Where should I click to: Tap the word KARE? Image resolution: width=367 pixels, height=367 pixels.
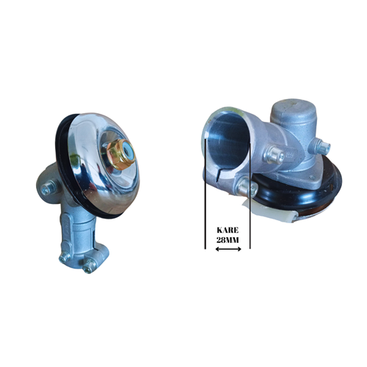click(x=227, y=229)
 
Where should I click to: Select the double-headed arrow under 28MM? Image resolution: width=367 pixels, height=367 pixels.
click(x=227, y=251)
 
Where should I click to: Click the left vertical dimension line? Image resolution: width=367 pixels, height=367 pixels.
click(x=203, y=220)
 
